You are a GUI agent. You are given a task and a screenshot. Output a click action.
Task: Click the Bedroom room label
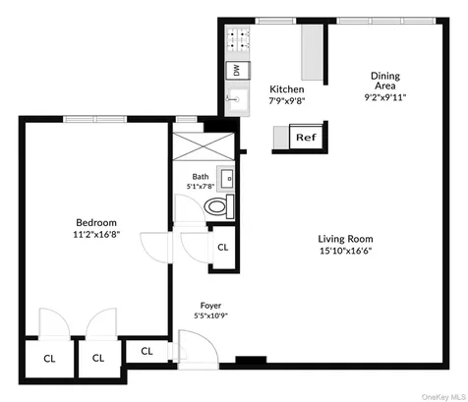point(96,223)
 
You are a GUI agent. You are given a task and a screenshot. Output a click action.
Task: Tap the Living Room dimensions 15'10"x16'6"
point(346,252)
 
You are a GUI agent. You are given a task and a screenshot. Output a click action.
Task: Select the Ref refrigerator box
point(306,137)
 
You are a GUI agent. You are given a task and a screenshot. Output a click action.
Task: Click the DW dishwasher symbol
point(238,70)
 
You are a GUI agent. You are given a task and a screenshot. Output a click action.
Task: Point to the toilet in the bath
point(219,206)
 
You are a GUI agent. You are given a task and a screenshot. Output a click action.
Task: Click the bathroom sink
point(226,179)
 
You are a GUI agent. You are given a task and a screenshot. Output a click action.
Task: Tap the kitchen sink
point(238,98)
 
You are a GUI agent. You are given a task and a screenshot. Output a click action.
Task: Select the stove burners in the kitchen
point(238,39)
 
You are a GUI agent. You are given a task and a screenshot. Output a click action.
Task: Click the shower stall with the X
point(204,146)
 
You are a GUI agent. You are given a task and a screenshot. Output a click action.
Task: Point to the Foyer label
point(210,306)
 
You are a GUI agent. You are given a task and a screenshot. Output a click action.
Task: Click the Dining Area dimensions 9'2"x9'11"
point(385,97)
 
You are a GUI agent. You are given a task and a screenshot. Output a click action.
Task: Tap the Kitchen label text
point(287,89)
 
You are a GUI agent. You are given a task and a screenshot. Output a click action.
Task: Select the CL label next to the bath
point(223,248)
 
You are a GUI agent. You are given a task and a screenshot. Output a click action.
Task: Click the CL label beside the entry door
point(146,351)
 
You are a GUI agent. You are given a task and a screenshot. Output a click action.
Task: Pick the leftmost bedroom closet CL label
point(49,359)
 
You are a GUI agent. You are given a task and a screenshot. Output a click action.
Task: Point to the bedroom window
point(95,119)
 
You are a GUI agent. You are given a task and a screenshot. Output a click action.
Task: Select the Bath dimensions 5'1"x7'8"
point(201,187)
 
